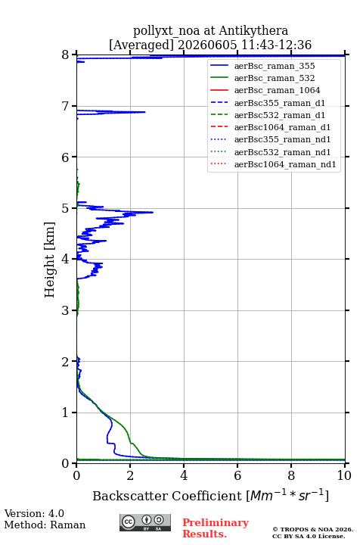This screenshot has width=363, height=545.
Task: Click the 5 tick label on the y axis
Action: click(65, 208)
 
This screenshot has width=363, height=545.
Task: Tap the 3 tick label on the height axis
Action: click(65, 310)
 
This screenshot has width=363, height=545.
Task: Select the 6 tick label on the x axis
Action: click(237, 475)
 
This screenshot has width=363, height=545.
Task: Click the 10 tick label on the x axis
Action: click(344, 475)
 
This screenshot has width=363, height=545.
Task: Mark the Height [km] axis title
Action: click(49, 260)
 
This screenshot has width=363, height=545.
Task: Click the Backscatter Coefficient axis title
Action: click(167, 496)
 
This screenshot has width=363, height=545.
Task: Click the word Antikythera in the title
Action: click(253, 31)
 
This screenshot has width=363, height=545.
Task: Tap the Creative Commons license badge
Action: click(145, 522)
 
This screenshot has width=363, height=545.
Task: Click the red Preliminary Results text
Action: click(216, 528)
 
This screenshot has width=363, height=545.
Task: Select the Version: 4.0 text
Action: click(34, 513)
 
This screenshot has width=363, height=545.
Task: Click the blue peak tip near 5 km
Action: click(153, 212)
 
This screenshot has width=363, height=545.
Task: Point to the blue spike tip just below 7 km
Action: click(145, 112)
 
